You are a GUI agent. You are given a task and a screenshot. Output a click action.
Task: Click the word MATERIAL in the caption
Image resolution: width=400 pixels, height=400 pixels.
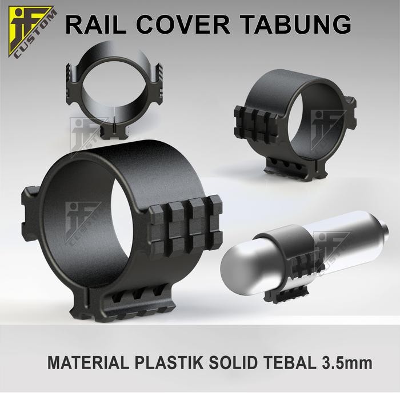(84, 362)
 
